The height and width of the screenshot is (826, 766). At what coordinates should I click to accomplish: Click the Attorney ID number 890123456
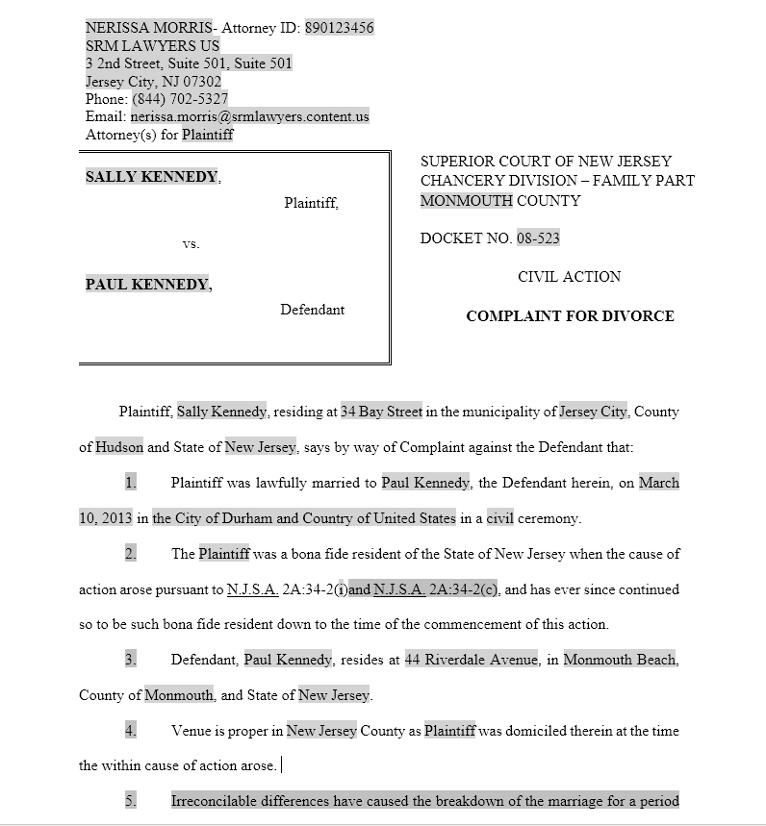340,28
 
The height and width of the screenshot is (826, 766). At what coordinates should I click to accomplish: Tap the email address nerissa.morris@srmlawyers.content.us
249,117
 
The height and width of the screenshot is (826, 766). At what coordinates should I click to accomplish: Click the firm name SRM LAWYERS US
152,46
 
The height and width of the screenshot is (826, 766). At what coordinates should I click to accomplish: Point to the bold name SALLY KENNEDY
151,177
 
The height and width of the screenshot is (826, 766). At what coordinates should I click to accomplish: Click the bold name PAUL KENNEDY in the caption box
147,285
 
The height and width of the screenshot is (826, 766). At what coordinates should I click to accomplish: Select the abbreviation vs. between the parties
191,244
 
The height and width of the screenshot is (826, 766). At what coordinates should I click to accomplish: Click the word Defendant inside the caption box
312,310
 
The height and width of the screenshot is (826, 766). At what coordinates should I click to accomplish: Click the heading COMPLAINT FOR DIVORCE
570,316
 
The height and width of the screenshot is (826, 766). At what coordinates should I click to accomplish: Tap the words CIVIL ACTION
569,277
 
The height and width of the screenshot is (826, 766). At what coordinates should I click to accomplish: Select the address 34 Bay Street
381,412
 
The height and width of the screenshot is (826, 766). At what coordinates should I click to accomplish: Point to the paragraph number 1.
131,483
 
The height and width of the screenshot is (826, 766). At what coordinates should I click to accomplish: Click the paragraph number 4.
131,731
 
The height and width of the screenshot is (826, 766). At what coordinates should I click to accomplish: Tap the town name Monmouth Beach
620,660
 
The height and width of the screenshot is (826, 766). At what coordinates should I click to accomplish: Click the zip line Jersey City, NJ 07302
153,82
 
